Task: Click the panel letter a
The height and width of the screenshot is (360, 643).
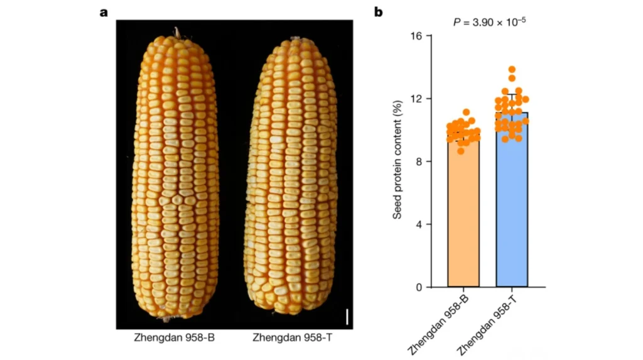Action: click(104, 13)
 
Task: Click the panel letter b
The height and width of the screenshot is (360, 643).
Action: click(379, 12)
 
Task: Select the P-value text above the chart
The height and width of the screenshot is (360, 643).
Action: click(489, 21)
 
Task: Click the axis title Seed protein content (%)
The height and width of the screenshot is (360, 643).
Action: click(397, 161)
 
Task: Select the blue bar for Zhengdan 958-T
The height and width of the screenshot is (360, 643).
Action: click(512, 207)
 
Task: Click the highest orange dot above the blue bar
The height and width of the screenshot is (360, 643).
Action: click(512, 70)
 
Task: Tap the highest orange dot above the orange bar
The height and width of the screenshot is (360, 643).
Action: click(466, 112)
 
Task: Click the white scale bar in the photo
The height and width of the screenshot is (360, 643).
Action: click(347, 315)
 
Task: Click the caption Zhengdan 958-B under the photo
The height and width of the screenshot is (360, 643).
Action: click(174, 337)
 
